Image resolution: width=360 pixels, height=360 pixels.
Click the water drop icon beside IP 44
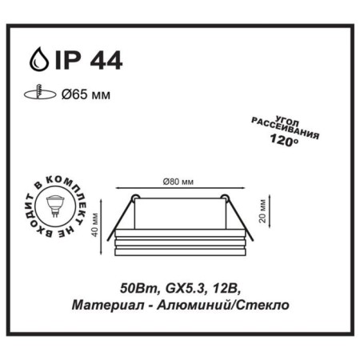coord(39,59)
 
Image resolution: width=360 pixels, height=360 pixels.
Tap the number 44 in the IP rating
coord(106,61)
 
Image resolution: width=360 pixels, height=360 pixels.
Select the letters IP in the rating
coord(67,61)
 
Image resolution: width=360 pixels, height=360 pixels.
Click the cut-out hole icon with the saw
coord(40,93)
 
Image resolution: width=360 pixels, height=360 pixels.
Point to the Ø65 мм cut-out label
coord(86,94)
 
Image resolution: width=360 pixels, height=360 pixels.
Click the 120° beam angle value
coord(284,140)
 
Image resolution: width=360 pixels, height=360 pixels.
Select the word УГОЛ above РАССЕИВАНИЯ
coord(287,121)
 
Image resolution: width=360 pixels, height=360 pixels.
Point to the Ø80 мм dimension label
coord(178,182)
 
